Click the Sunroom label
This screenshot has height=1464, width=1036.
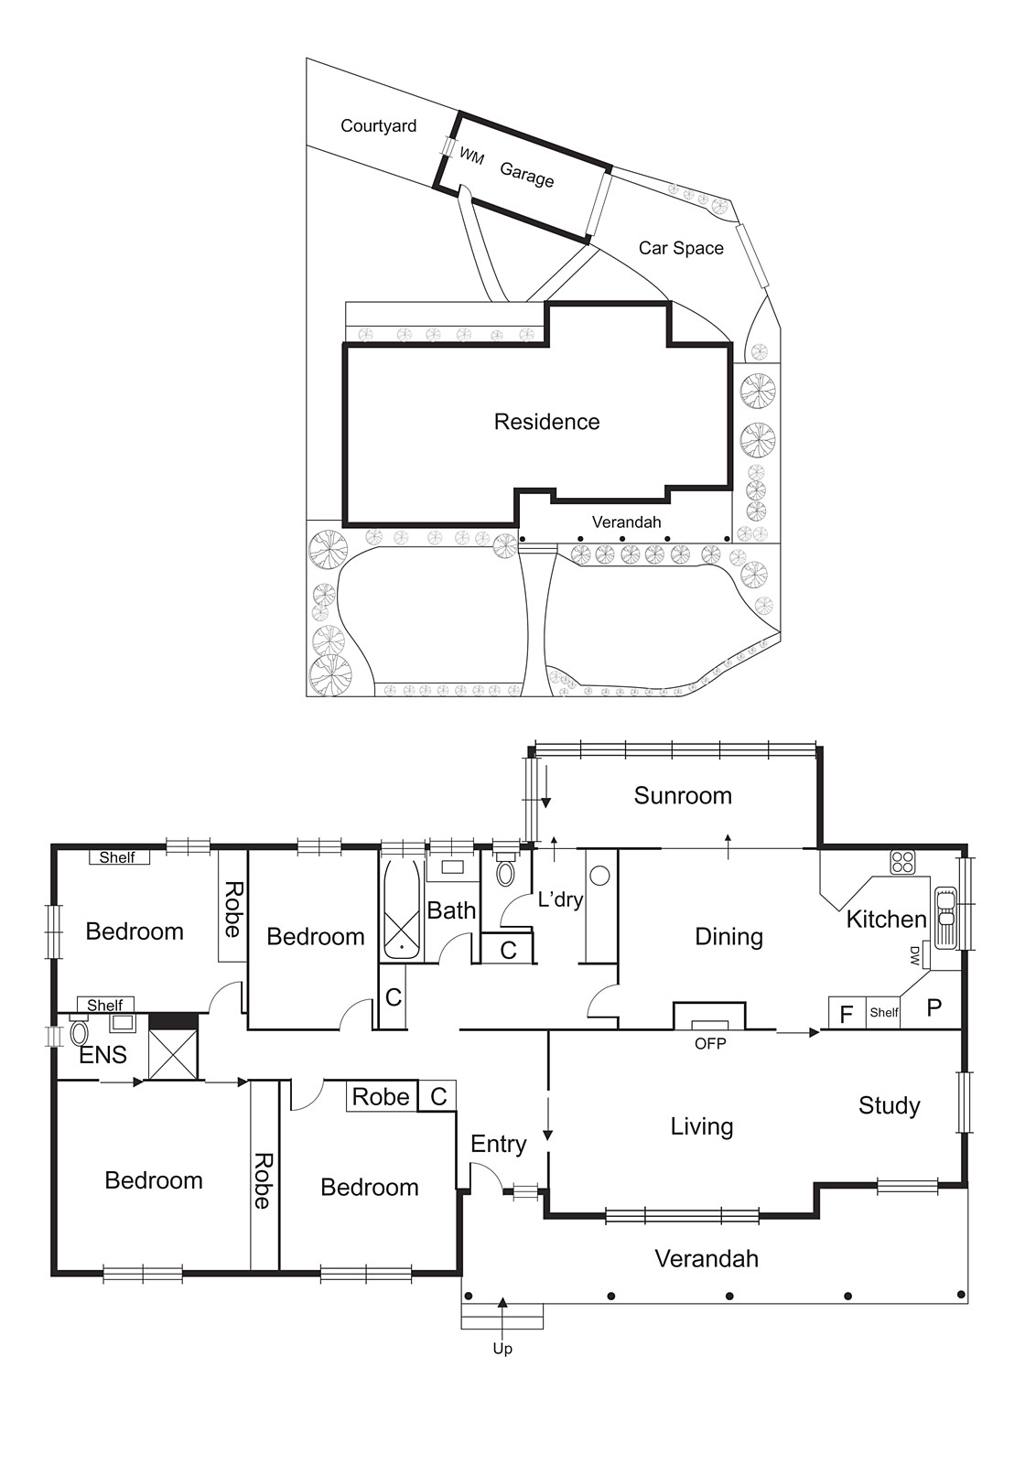tap(683, 796)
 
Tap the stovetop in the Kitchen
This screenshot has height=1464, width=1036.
tap(902, 862)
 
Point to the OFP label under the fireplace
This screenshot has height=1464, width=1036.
tap(710, 1043)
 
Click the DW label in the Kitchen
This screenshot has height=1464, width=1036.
tap(914, 955)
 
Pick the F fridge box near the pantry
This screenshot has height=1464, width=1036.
tap(847, 1013)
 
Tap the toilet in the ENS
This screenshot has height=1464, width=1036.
tap(80, 1033)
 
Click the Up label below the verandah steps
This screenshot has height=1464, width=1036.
tap(502, 1349)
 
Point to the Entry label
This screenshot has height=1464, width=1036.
tap(498, 1144)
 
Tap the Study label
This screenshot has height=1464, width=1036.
tap(889, 1105)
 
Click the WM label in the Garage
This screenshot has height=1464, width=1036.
tap(471, 156)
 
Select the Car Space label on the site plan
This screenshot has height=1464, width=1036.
tap(681, 248)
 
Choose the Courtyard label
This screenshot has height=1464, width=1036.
tap(378, 126)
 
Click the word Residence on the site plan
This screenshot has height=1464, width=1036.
tap(546, 422)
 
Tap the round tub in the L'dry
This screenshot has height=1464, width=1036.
tap(600, 876)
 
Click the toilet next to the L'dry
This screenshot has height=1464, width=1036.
tap(505, 871)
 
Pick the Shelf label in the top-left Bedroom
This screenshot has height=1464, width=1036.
tap(117, 857)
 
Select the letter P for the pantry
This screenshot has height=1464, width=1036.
tap(933, 1008)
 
